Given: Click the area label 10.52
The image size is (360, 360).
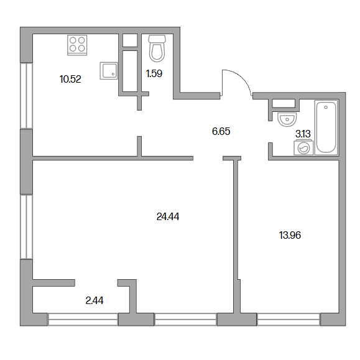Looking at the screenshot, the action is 70,79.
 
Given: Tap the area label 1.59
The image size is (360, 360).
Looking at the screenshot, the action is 154,73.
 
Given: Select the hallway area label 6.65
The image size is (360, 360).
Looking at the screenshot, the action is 221,131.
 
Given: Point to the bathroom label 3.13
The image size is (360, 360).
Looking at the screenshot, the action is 303,134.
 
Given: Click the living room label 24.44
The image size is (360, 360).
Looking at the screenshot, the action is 168,216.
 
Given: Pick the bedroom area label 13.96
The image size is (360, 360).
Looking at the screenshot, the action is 290,235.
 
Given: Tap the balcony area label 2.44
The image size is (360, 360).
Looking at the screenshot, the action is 95,300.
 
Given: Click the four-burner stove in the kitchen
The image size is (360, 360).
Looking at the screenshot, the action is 77,45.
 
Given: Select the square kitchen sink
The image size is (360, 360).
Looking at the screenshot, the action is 109,71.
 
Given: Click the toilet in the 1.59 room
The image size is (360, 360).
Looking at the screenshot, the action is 157,48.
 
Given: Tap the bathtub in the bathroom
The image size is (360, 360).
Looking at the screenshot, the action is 326,127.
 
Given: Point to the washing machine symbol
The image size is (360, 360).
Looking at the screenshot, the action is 303,148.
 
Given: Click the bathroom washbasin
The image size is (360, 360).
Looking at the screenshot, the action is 287,119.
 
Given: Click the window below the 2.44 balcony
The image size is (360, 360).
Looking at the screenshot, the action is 83,320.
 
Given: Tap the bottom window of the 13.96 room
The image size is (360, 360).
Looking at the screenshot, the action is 288,320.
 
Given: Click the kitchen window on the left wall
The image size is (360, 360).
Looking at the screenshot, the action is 27,96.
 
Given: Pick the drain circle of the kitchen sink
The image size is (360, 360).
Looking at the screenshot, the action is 113,74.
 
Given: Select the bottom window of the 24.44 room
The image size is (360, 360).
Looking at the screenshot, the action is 185,320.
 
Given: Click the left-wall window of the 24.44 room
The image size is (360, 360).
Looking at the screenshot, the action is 27,227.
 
